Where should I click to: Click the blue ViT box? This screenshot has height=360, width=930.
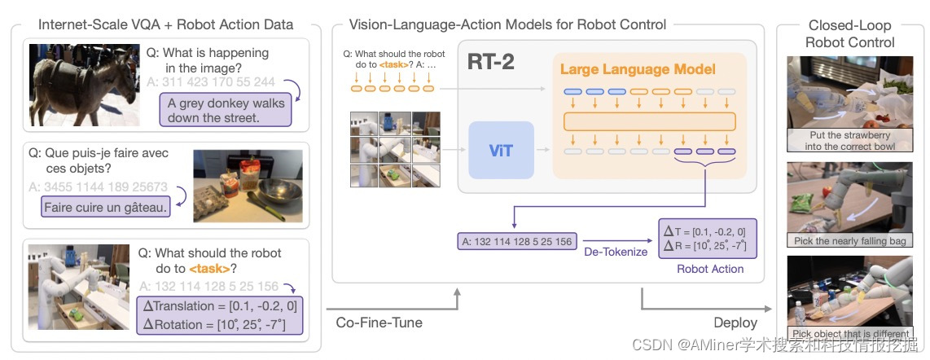coord(501,150)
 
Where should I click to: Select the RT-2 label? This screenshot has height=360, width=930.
coord(491,62)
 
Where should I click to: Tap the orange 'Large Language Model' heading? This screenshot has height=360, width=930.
coord(638,69)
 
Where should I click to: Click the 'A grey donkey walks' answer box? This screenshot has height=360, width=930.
coord(226,110)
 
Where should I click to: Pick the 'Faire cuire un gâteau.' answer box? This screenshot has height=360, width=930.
coord(106,207)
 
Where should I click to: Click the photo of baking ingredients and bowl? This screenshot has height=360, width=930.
coord(248,186)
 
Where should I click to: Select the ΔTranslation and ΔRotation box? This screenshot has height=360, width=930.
coord(219,315)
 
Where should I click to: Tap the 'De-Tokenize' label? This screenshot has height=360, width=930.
coord(615,252)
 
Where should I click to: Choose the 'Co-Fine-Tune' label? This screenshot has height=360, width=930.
coord(379,323)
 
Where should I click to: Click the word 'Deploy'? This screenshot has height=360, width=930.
coord(735,323)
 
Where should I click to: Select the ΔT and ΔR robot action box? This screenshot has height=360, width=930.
coord(706,239)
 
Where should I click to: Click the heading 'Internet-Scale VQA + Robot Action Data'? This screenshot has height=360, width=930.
coord(165,24)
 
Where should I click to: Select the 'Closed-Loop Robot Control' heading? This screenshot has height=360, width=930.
coord(850,33)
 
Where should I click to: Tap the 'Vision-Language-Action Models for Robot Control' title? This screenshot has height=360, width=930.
coord(507,24)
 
